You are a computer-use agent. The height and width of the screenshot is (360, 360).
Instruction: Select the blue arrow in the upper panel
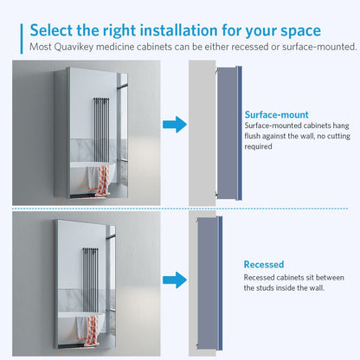pyautogui.click(x=175, y=125)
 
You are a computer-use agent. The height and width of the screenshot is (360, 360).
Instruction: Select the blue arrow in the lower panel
pyautogui.click(x=175, y=280)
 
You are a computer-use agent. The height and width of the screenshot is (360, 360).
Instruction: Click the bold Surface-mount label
pyautogui.click(x=276, y=113)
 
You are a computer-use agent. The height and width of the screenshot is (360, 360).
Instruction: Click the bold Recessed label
pyautogui.click(x=263, y=265)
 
